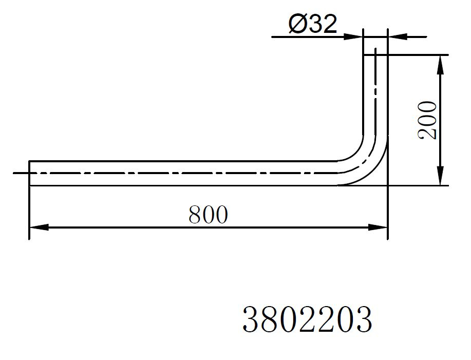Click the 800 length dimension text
click(x=208, y=215)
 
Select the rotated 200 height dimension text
click(x=427, y=120)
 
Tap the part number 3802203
click(x=307, y=319)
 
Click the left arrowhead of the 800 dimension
click(x=39, y=228)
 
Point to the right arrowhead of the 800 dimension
click(x=378, y=228)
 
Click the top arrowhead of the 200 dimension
click(x=440, y=65)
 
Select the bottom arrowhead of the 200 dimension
click(x=440, y=176)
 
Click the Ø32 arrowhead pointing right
click(x=353, y=37)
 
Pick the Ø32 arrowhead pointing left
click(x=398, y=37)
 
